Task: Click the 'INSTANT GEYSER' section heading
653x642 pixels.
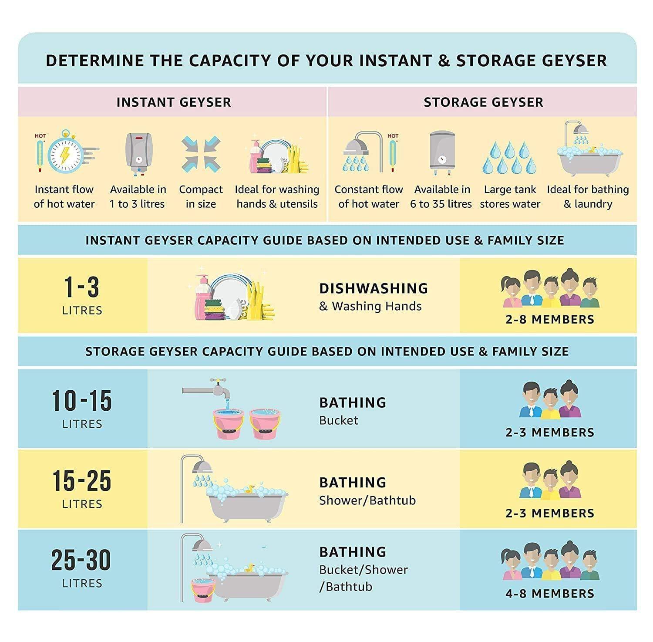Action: (174, 102)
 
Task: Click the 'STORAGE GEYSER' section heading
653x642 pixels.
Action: (484, 102)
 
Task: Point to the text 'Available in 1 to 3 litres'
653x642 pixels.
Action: (138, 196)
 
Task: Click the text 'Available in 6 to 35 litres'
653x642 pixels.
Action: (441, 196)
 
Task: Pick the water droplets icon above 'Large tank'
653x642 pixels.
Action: (509, 157)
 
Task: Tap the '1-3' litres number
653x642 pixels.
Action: (82, 287)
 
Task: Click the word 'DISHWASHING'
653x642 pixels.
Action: (374, 288)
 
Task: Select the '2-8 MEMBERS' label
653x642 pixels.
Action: (550, 319)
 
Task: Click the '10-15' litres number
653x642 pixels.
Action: (82, 401)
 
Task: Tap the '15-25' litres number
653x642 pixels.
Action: (82, 481)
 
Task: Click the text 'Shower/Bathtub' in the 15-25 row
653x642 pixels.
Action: (367, 500)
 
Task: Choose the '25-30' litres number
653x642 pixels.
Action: (81, 560)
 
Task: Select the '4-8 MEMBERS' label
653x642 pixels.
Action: (550, 593)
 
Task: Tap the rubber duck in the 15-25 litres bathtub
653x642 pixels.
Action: (249, 488)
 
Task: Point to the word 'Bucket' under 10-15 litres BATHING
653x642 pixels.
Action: (339, 420)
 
